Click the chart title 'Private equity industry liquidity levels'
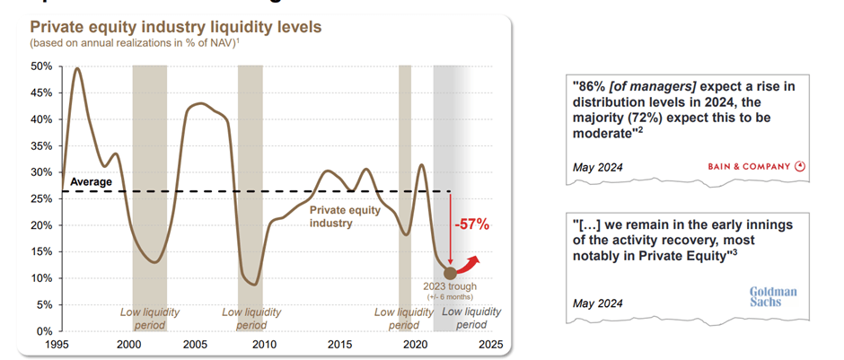pyautogui.click(x=176, y=26)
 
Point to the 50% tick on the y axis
pyautogui.click(x=41, y=66)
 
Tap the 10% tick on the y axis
pyautogui.click(x=41, y=278)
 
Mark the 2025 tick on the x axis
pyautogui.click(x=490, y=344)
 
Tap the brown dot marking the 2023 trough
pyautogui.click(x=450, y=273)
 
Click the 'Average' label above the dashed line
pyautogui.click(x=91, y=182)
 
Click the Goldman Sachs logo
pyautogui.click(x=773, y=297)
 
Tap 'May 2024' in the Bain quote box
pyautogui.click(x=597, y=167)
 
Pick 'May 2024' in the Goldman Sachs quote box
pyautogui.click(x=597, y=303)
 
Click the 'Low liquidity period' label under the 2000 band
pyautogui.click(x=150, y=318)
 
